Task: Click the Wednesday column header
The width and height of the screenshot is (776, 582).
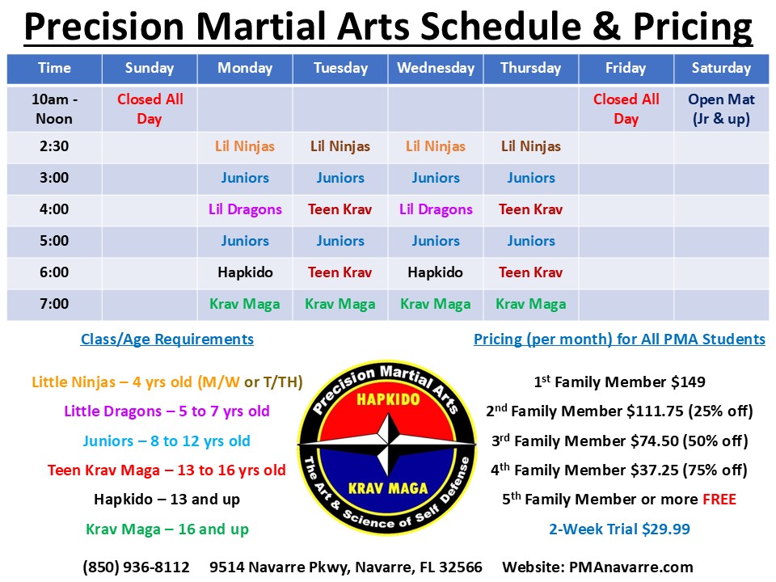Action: (x=436, y=68)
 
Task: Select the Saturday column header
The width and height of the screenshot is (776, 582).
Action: (x=721, y=68)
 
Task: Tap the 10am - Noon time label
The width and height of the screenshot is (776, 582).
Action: (x=54, y=109)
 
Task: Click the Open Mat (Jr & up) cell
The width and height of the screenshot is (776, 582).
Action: (x=721, y=109)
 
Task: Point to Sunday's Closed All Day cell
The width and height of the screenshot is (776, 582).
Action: (x=150, y=109)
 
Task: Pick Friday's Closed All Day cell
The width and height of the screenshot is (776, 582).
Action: (x=626, y=109)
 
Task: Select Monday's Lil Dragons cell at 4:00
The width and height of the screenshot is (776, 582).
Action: (x=245, y=209)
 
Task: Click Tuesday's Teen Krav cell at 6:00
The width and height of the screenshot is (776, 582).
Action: (x=340, y=272)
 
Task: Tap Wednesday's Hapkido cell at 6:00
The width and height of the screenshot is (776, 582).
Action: (x=436, y=272)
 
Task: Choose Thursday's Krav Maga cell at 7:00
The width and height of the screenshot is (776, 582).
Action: (x=531, y=304)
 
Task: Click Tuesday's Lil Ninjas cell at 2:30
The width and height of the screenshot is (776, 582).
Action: (x=340, y=146)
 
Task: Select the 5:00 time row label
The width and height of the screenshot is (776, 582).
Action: (x=54, y=241)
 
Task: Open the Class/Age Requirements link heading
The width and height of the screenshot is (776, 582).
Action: (x=167, y=339)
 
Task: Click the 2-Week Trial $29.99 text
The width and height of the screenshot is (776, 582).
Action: (x=620, y=529)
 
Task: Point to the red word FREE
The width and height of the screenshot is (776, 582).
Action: (x=719, y=500)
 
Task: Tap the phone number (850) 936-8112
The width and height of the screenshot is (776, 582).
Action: (x=136, y=567)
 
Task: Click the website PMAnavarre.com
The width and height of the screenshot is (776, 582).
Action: (x=631, y=567)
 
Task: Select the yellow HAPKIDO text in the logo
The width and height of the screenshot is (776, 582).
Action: (x=389, y=399)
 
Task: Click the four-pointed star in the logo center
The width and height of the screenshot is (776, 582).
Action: (x=387, y=445)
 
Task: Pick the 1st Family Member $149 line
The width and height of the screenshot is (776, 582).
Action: (x=620, y=382)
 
